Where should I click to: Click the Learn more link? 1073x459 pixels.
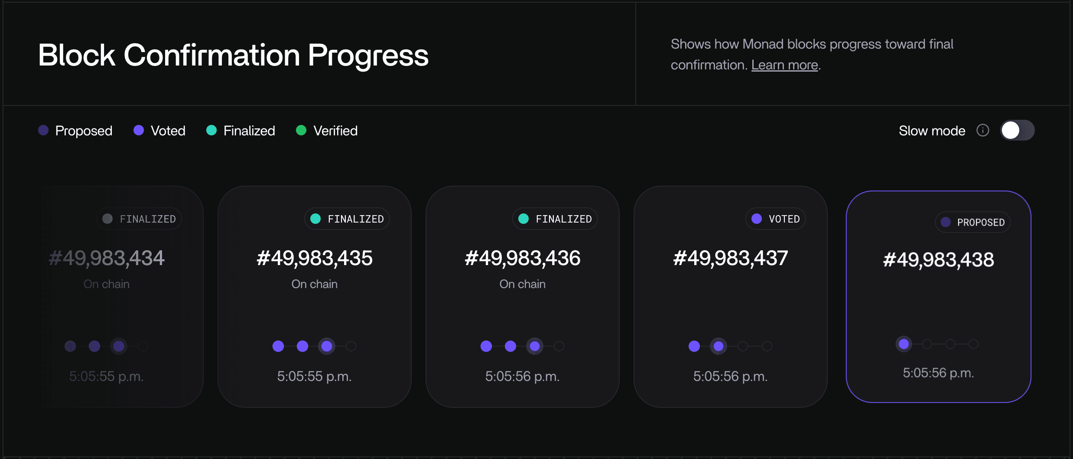point(784,65)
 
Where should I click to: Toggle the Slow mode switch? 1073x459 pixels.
point(1017,130)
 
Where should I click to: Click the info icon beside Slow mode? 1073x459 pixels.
point(983,130)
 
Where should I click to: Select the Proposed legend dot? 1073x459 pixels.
point(43,130)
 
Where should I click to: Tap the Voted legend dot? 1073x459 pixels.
point(139,130)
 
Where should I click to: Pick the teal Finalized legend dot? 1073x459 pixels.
point(211,130)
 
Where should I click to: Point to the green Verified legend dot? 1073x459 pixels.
point(301,130)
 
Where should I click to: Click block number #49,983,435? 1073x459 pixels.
point(315,258)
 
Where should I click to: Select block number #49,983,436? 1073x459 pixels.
point(523,258)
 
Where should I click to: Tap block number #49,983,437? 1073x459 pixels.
point(731,258)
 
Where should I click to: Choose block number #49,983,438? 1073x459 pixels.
point(939,260)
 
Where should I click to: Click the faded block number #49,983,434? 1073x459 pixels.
point(107,258)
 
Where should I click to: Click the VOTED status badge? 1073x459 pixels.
point(776,219)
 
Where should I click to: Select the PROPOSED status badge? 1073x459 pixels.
point(973,222)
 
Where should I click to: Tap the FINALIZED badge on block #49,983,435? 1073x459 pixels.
point(347,219)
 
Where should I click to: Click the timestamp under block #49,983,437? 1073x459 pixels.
point(731,376)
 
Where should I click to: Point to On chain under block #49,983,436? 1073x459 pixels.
point(523,284)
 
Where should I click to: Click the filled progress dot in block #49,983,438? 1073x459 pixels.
point(904,344)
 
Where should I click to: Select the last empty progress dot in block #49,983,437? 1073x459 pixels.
point(767,346)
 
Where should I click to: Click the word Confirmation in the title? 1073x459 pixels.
point(212,55)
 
